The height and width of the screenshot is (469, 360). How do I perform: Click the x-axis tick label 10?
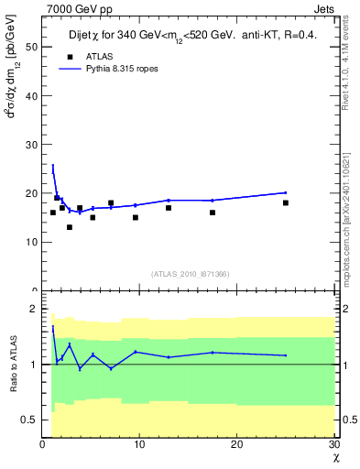[139, 444]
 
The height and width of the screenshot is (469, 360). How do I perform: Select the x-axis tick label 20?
[236, 444]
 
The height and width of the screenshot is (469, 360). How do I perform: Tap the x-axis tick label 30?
[333, 444]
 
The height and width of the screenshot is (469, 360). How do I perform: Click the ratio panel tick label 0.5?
[30, 420]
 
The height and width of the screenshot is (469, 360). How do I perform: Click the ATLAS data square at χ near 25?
[286, 202]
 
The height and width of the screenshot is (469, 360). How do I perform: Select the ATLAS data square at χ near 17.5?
[213, 213]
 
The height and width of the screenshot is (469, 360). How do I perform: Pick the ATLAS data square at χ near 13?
[169, 208]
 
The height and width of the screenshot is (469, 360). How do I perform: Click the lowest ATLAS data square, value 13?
[70, 227]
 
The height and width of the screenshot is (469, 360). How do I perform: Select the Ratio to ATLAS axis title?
[14, 365]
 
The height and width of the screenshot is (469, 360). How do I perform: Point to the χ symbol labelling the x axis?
[335, 457]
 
